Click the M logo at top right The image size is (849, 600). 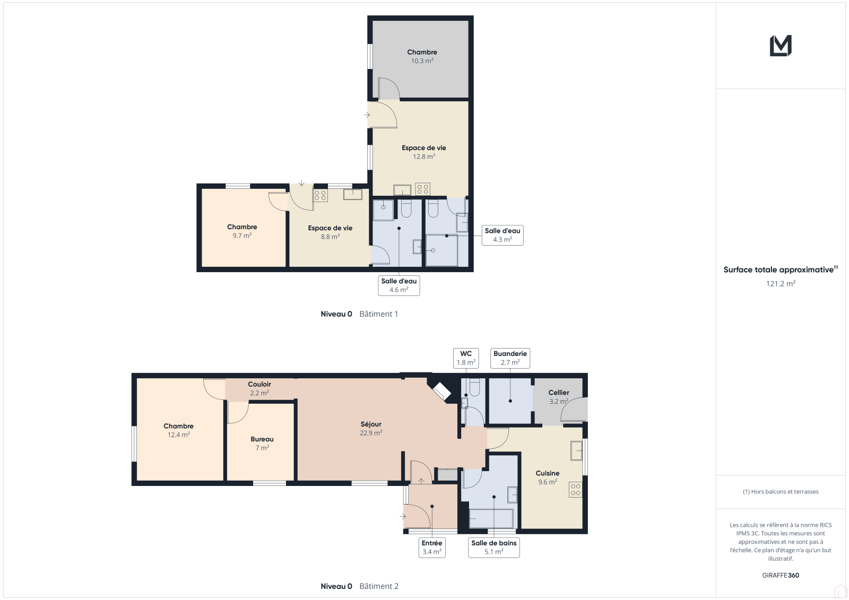click(x=781, y=46)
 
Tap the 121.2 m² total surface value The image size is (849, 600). click(x=781, y=283)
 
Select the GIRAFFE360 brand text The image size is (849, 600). click(x=781, y=575)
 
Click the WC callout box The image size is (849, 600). click(x=466, y=358)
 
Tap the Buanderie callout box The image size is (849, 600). click(x=510, y=358)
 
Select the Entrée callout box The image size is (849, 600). click(x=432, y=547)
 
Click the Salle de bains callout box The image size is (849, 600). click(x=494, y=547)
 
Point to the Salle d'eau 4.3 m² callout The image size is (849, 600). click(x=503, y=235)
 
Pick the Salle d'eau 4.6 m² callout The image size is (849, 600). click(x=398, y=285)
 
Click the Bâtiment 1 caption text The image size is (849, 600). click(x=379, y=314)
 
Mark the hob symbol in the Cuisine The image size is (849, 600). click(x=575, y=490)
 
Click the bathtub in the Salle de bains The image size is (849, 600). click(x=491, y=518)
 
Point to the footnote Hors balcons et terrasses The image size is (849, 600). click(x=781, y=492)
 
